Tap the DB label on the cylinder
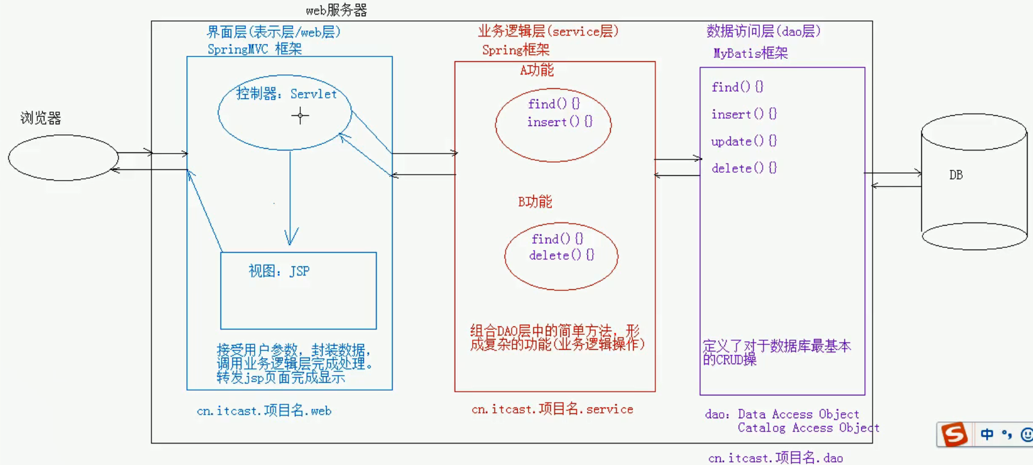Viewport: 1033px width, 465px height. pyautogui.click(x=956, y=175)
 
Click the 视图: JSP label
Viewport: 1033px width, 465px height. pyautogui.click(x=279, y=271)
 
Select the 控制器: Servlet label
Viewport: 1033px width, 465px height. pyautogui.click(x=286, y=94)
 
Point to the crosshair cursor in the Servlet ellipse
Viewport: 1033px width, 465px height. pyautogui.click(x=300, y=116)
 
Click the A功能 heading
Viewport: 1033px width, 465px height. pyautogui.click(x=537, y=70)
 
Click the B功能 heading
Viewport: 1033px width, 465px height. pyautogui.click(x=535, y=202)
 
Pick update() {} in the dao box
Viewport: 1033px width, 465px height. pyautogui.click(x=744, y=141)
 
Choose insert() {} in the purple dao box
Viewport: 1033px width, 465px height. pyautogui.click(x=744, y=114)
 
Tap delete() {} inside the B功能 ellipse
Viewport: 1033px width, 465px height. pyautogui.click(x=562, y=255)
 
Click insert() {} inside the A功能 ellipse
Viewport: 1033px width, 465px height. pyautogui.click(x=560, y=122)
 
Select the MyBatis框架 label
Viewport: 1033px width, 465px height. pyautogui.click(x=751, y=53)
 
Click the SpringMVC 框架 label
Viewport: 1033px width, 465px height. pyautogui.click(x=255, y=49)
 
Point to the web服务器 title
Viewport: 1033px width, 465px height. pyautogui.click(x=336, y=10)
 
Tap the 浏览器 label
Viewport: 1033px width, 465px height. pyautogui.click(x=41, y=118)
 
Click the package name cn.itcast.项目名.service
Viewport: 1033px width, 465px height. pyautogui.click(x=553, y=409)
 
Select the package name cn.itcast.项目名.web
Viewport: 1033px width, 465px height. pyautogui.click(x=264, y=410)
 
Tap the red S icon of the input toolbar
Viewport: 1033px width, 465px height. pyautogui.click(x=954, y=434)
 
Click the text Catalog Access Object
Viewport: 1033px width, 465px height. pyautogui.click(x=808, y=428)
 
